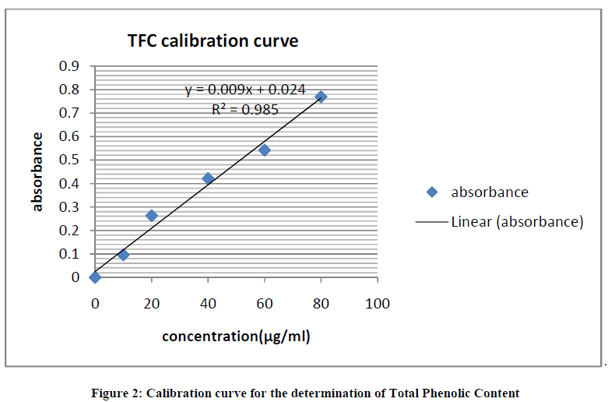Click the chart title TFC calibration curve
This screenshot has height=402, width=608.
[x=213, y=41]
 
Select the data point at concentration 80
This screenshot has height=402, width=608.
[x=321, y=97]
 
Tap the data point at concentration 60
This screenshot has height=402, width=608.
[x=265, y=150]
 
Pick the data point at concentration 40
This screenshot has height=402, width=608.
[x=208, y=178]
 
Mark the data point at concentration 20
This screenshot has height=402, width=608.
[x=152, y=215]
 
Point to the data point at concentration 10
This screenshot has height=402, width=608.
[x=123, y=255]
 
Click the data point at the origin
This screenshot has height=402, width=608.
[x=95, y=277]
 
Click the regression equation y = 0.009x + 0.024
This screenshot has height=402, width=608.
[x=244, y=90]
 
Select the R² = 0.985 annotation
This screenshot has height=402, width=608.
[x=245, y=110]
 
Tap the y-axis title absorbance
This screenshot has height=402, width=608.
[x=37, y=171]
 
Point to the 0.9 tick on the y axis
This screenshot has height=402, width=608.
[x=69, y=66]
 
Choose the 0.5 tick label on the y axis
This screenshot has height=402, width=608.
[x=69, y=160]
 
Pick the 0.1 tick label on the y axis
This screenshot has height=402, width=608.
[x=69, y=254]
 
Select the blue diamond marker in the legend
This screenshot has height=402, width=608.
[x=433, y=192]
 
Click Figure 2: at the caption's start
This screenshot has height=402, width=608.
[x=113, y=393]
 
